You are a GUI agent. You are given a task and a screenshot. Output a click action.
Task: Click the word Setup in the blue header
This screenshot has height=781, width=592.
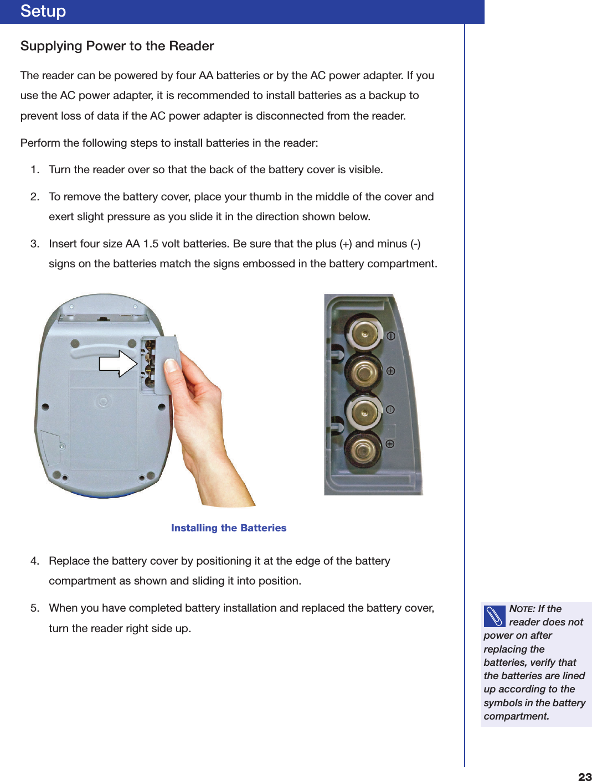[x=43, y=11]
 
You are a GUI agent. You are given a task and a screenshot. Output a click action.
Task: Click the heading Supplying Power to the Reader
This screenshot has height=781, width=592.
[x=117, y=46]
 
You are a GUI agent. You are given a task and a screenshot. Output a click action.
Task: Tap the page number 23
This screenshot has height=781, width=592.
[x=584, y=777]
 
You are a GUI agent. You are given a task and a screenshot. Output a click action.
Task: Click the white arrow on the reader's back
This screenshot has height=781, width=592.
[x=118, y=364]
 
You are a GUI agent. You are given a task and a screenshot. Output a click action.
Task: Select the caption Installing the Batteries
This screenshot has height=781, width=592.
[x=228, y=528]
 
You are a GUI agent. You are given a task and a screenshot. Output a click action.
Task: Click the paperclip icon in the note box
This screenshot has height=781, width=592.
[x=495, y=616]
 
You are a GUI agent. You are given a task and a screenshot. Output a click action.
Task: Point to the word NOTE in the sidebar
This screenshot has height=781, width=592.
[x=521, y=609]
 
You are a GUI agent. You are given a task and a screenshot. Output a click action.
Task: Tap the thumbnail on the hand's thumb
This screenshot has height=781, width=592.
[x=172, y=365]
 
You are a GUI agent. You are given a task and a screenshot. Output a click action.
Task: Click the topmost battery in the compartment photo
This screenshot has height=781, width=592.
[x=364, y=334]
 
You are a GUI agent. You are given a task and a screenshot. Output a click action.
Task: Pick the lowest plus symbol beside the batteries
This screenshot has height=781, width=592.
[x=390, y=444]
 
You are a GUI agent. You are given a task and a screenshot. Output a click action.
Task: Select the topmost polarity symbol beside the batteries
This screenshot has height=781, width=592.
[x=390, y=336]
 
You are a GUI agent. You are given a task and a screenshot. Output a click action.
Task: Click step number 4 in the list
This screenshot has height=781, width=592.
[x=34, y=561]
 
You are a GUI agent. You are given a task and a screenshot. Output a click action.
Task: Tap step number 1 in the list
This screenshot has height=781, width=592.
[x=34, y=169]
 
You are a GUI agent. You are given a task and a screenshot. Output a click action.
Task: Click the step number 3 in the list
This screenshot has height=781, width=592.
[x=34, y=244]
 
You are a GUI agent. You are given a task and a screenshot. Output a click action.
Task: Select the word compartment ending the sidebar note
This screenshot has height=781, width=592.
[x=516, y=716]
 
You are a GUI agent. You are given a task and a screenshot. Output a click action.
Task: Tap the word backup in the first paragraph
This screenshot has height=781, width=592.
[x=387, y=95]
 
